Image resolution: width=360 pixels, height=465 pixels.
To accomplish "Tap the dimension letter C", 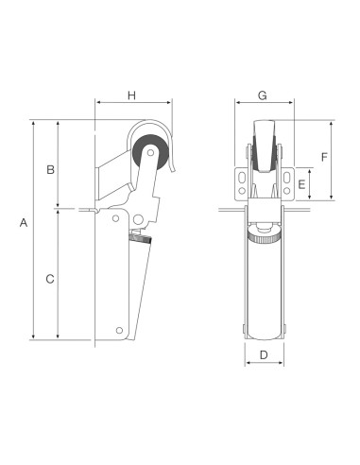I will [50, 279].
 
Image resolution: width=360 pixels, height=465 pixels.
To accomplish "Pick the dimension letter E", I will [301, 185].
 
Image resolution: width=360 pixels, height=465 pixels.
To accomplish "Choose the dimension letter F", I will [324, 156].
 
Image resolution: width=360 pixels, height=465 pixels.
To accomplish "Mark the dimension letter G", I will [263, 95].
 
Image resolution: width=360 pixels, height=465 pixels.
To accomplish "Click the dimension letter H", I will [132, 95].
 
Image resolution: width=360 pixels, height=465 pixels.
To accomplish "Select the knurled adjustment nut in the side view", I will [139, 242].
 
